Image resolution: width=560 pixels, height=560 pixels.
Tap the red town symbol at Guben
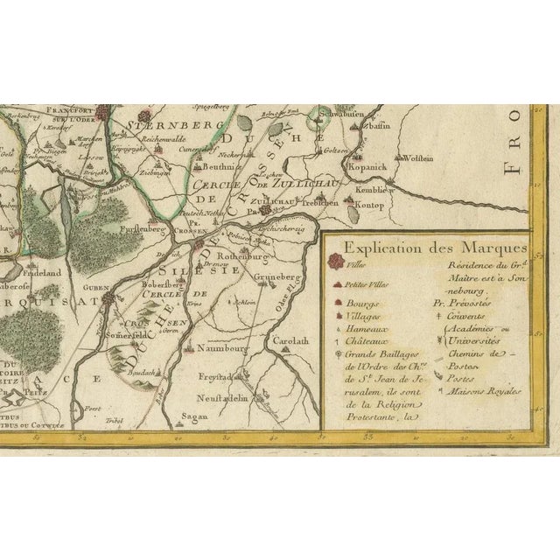(x=108, y=298)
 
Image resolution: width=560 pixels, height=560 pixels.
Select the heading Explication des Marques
(x=423, y=247)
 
